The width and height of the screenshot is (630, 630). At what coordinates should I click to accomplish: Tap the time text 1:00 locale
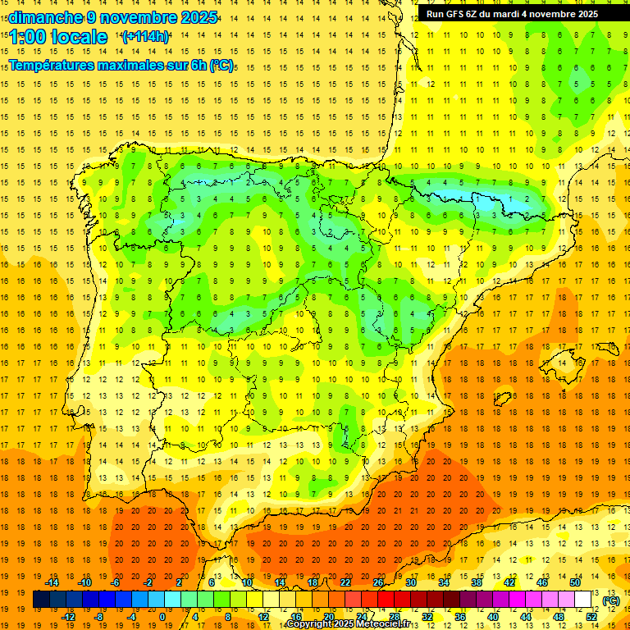pyautogui.click(x=58, y=37)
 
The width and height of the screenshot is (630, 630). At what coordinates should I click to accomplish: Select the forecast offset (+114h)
pyautogui.click(x=145, y=37)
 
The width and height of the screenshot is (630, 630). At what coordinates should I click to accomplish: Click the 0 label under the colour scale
pyautogui.click(x=162, y=617)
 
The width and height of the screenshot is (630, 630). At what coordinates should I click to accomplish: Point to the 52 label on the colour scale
pyautogui.click(x=592, y=617)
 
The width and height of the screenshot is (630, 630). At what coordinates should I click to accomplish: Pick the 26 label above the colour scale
pyautogui.click(x=378, y=582)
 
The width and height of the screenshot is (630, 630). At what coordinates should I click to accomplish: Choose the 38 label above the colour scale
pyautogui.click(x=477, y=582)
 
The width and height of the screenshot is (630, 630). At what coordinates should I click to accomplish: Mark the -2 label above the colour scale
pyautogui.click(x=148, y=582)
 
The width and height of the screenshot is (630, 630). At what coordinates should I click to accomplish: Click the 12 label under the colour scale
pyautogui.click(x=263, y=617)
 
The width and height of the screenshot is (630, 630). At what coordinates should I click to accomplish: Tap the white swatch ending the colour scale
pyautogui.click(x=583, y=600)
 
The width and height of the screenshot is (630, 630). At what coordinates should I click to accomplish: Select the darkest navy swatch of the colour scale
pyautogui.click(x=42, y=600)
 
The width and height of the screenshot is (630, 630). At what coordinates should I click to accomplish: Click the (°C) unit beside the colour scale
pyautogui.click(x=611, y=600)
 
